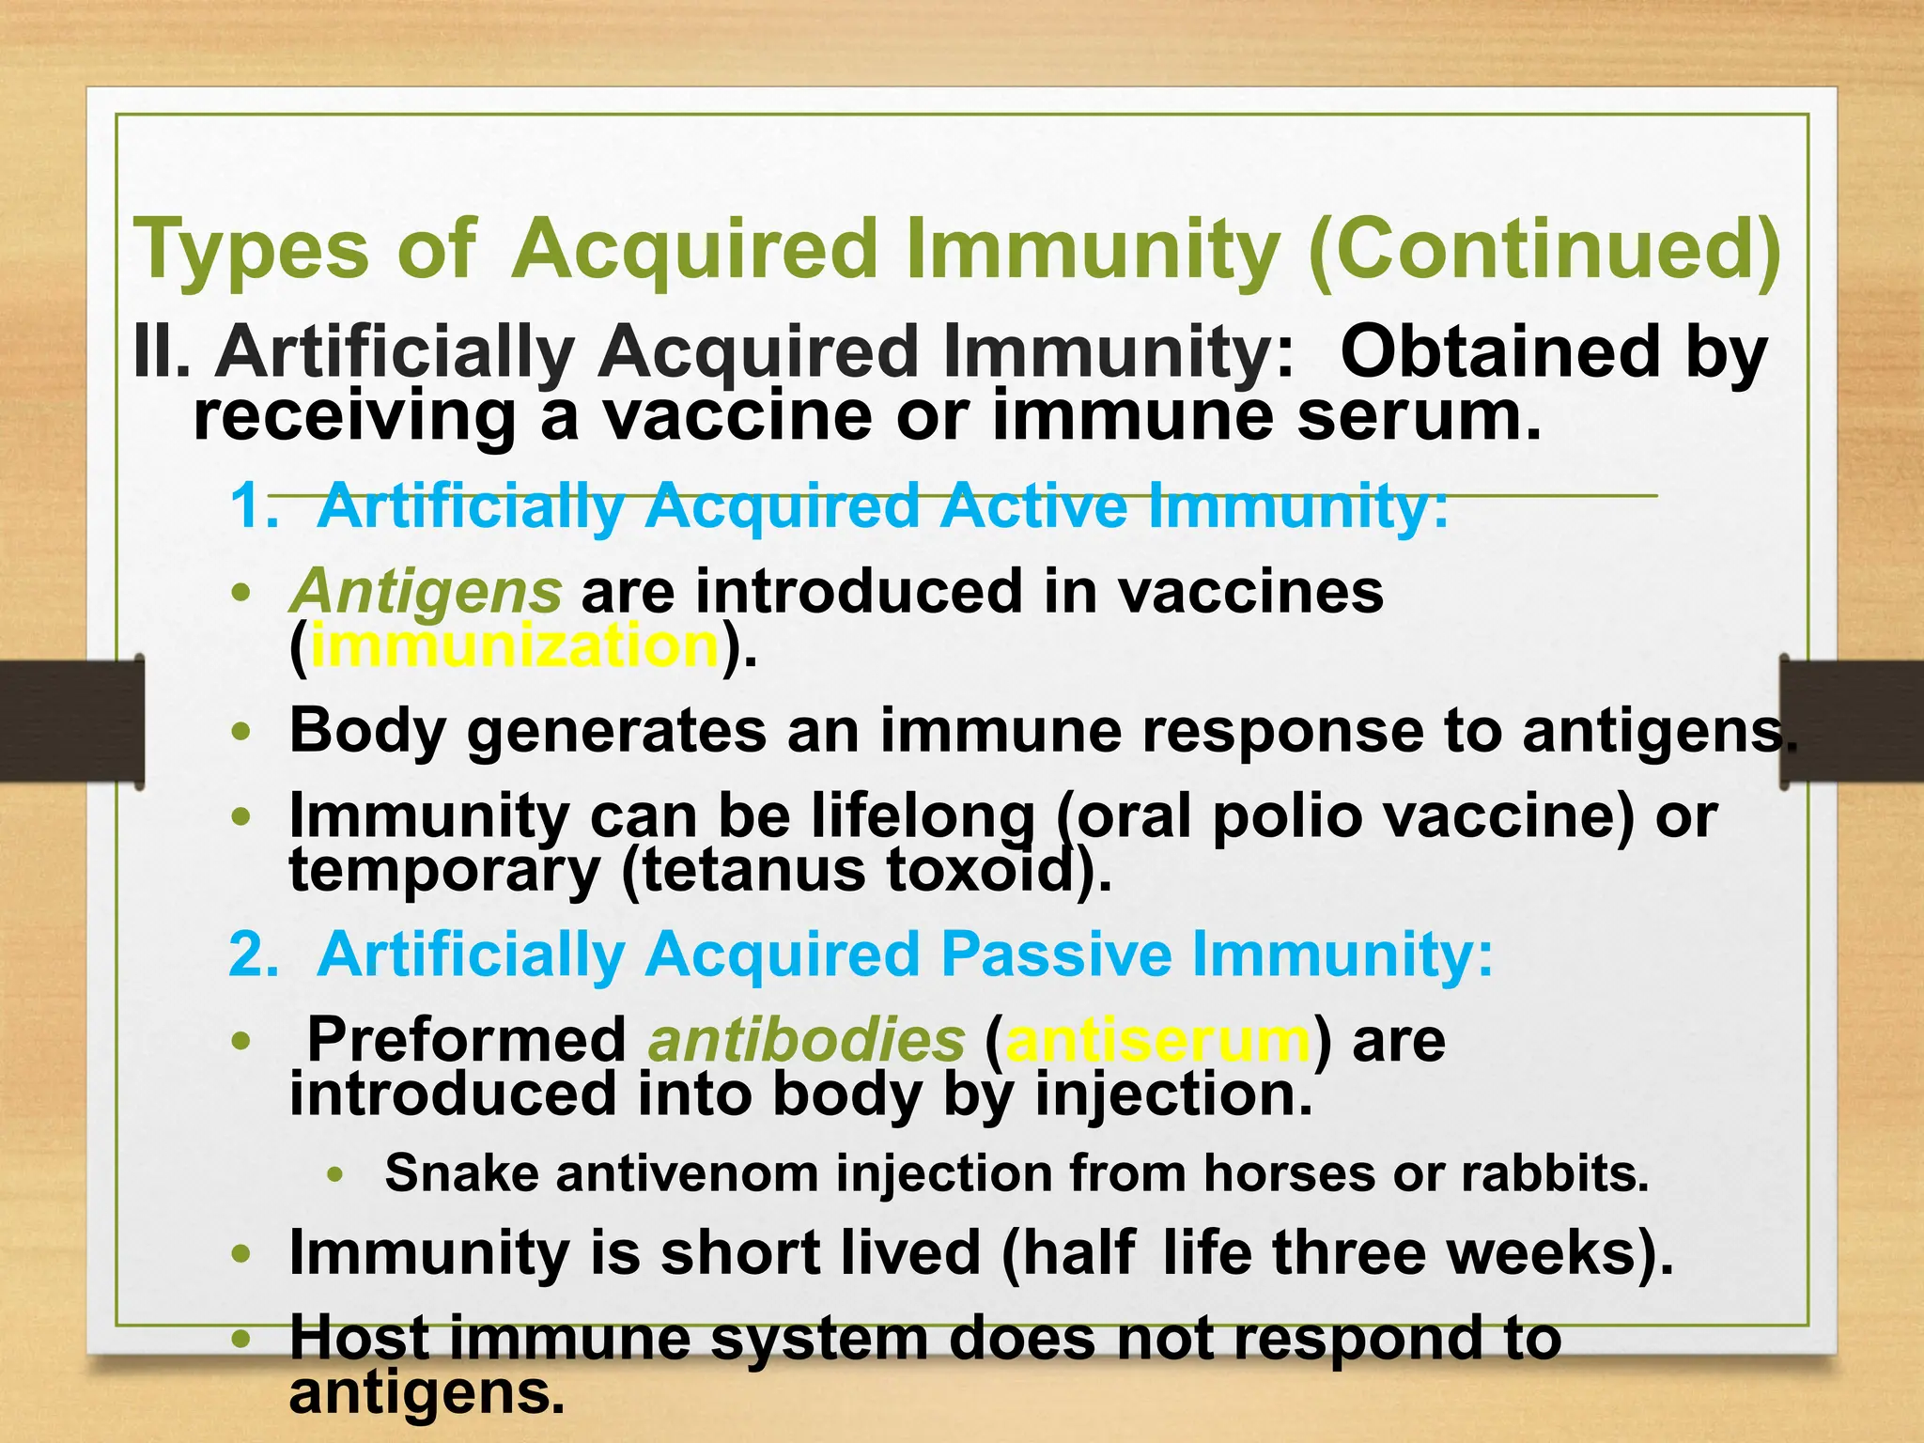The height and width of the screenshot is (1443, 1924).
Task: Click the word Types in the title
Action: click(251, 249)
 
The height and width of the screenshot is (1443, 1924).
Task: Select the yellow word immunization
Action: click(514, 646)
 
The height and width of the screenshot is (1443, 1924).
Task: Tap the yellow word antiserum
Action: click(1157, 1040)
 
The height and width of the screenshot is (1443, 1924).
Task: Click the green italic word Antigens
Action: click(426, 591)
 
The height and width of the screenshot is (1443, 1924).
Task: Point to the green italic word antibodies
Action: click(806, 1040)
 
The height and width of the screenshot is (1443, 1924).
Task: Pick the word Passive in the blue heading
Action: click(1056, 954)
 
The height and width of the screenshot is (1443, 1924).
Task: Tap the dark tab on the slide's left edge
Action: click(71, 721)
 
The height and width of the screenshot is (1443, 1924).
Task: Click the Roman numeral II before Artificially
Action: click(161, 352)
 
